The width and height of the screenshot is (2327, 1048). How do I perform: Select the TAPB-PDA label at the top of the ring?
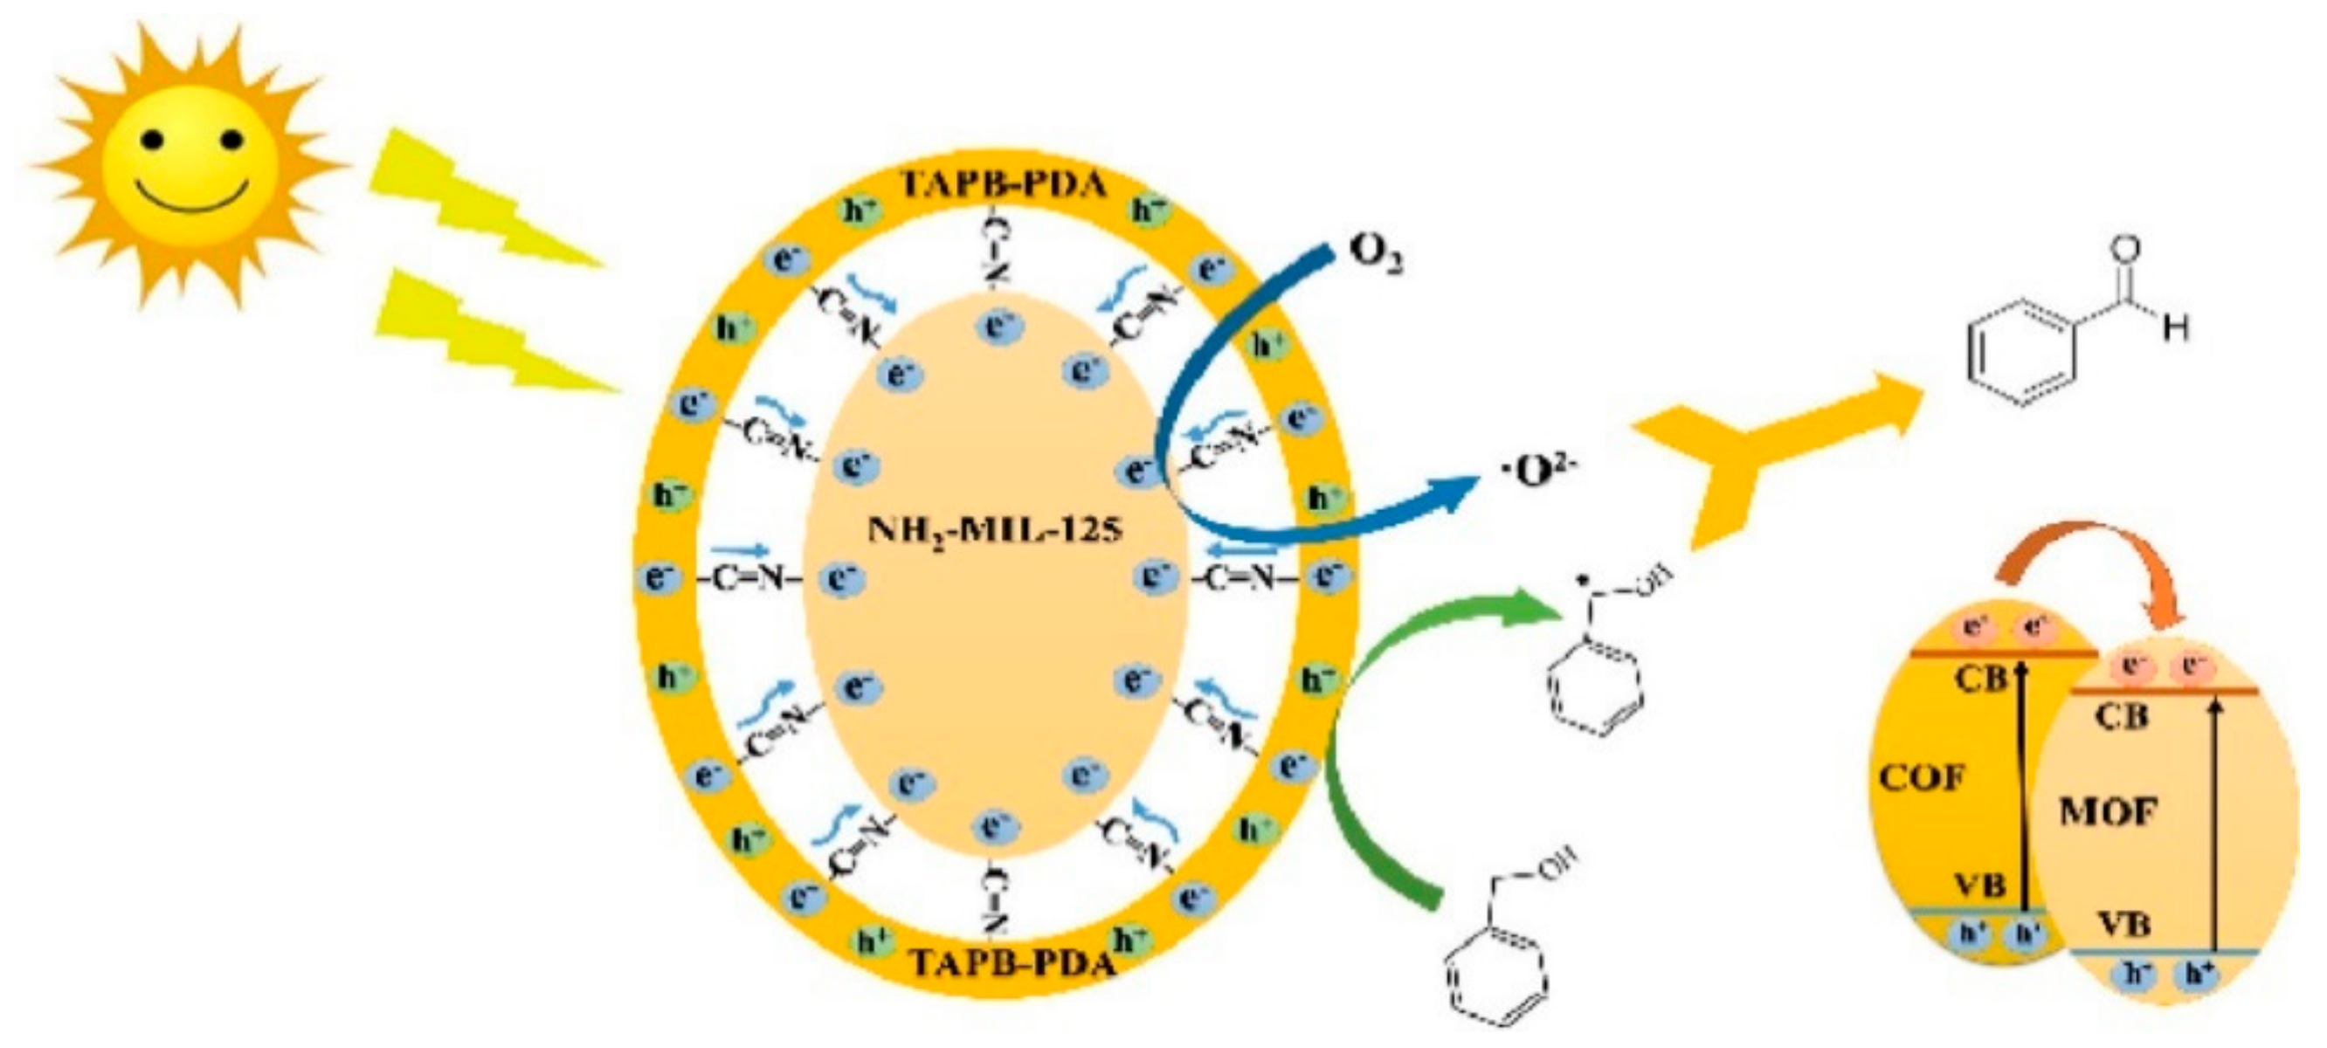point(1003,185)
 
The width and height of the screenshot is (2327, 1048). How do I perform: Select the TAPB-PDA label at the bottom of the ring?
point(1012,962)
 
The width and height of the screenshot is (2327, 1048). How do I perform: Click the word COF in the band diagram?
point(1923,777)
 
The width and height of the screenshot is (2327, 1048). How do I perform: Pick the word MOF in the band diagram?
point(2109,812)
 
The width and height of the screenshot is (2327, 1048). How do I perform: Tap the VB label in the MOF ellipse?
point(2123,923)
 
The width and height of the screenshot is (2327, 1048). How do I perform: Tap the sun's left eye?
point(153,139)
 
